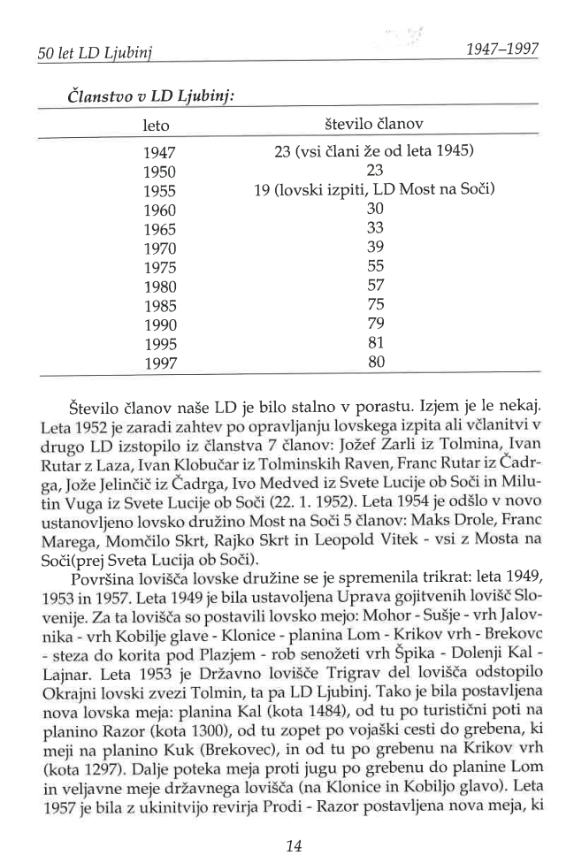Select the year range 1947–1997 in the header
(x=501, y=50)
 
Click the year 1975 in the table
(x=160, y=267)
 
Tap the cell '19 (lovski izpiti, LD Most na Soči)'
(x=375, y=190)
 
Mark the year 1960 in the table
(x=160, y=210)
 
